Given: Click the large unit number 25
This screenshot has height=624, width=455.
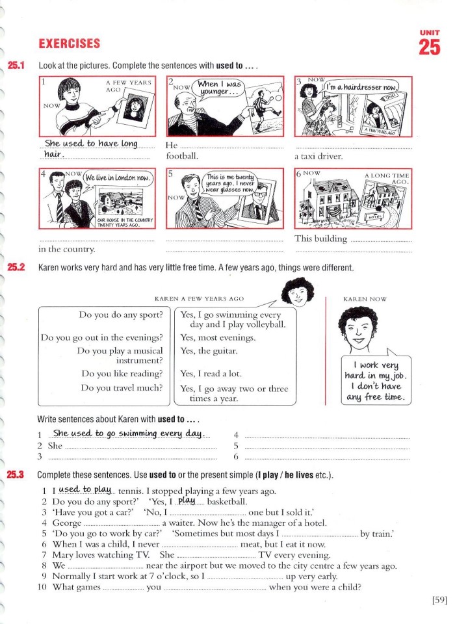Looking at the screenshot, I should (429, 47).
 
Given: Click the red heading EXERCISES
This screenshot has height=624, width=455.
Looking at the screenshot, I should (70, 44).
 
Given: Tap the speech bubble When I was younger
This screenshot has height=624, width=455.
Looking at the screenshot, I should (219, 88).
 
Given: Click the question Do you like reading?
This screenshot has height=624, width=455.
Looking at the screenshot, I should (122, 373).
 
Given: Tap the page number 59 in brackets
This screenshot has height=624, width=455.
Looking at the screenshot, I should (439, 600).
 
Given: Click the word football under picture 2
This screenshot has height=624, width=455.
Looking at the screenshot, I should (182, 156).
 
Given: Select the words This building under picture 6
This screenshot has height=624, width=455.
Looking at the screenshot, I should (320, 239).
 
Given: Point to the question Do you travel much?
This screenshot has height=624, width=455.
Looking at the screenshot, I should (122, 387).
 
